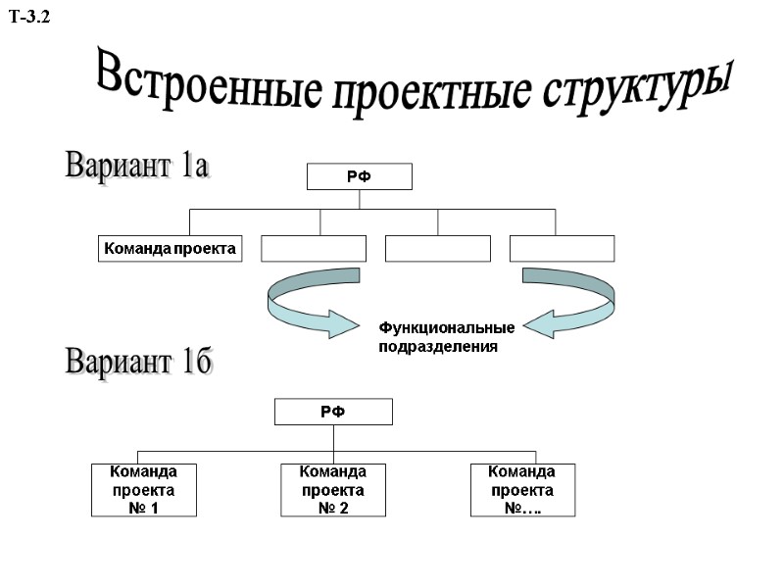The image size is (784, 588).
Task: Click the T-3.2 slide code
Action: [x=28, y=17]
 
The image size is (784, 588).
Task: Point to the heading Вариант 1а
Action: [x=137, y=165]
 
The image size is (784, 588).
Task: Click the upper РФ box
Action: [x=360, y=176]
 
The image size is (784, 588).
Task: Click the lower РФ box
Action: [x=333, y=412]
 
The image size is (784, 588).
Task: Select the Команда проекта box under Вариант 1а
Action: [x=171, y=249]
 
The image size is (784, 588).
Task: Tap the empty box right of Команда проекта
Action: [x=314, y=249]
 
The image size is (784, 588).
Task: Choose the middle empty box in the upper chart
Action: [x=438, y=249]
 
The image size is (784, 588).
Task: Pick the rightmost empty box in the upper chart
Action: [x=563, y=249]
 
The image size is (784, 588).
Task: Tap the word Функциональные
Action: [x=447, y=327]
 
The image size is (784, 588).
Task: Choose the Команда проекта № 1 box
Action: [x=144, y=490]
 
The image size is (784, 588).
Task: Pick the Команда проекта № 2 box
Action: [x=333, y=490]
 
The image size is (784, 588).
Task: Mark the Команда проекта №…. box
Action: [x=522, y=490]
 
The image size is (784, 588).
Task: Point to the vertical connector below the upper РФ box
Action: [x=360, y=199]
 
